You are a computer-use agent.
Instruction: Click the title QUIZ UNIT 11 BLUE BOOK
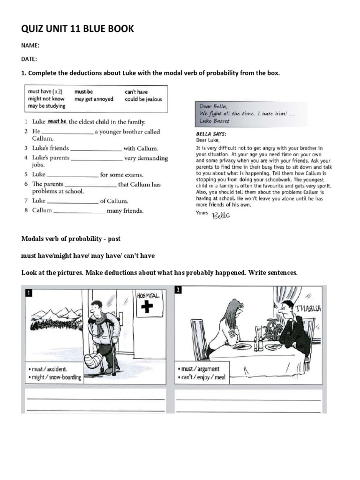point(77,29)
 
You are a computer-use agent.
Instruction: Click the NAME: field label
point(30,46)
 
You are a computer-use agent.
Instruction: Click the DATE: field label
point(29,59)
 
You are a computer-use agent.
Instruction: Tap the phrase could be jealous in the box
point(143,99)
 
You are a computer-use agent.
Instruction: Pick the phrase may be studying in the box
point(46,106)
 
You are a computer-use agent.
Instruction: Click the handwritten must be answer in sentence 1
point(57,121)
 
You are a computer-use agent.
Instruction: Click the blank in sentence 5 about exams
point(73,175)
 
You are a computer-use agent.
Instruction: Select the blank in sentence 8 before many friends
point(79,211)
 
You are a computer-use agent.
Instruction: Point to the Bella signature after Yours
point(222,215)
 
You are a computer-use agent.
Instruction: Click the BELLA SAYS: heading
point(208,133)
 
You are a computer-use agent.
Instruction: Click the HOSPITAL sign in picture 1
point(148,295)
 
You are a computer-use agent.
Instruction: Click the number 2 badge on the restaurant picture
point(178,290)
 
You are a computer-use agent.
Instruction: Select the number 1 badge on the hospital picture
point(29,293)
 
